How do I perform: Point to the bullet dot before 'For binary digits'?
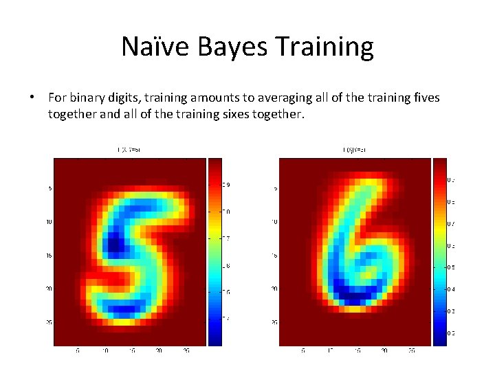point(32,98)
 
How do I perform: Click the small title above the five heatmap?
point(130,150)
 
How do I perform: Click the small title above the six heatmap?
point(354,150)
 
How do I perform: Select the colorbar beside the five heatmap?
point(214,251)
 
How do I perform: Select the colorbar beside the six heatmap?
point(439,251)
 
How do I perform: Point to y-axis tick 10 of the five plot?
point(48,222)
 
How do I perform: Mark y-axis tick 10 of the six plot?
point(273,222)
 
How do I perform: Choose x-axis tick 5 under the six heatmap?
point(303,351)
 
